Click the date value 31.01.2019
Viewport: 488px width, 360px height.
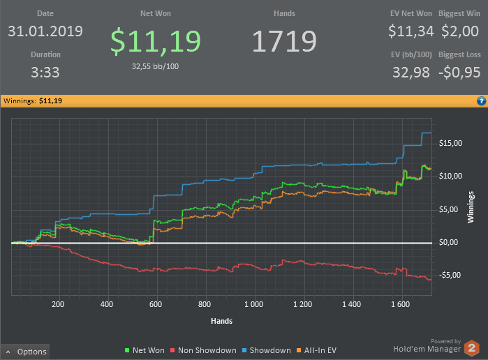pos(45,31)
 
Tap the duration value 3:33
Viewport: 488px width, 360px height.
pos(45,72)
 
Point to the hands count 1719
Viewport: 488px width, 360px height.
pos(284,41)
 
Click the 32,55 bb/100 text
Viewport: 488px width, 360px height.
pos(156,66)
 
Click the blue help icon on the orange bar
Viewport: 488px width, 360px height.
pos(481,101)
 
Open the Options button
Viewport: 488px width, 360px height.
pos(27,352)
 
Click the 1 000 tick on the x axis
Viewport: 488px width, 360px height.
pos(254,304)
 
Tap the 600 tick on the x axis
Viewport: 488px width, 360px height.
pos(156,304)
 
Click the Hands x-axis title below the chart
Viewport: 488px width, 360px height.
pos(221,321)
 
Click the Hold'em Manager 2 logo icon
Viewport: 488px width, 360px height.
pos(473,347)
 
